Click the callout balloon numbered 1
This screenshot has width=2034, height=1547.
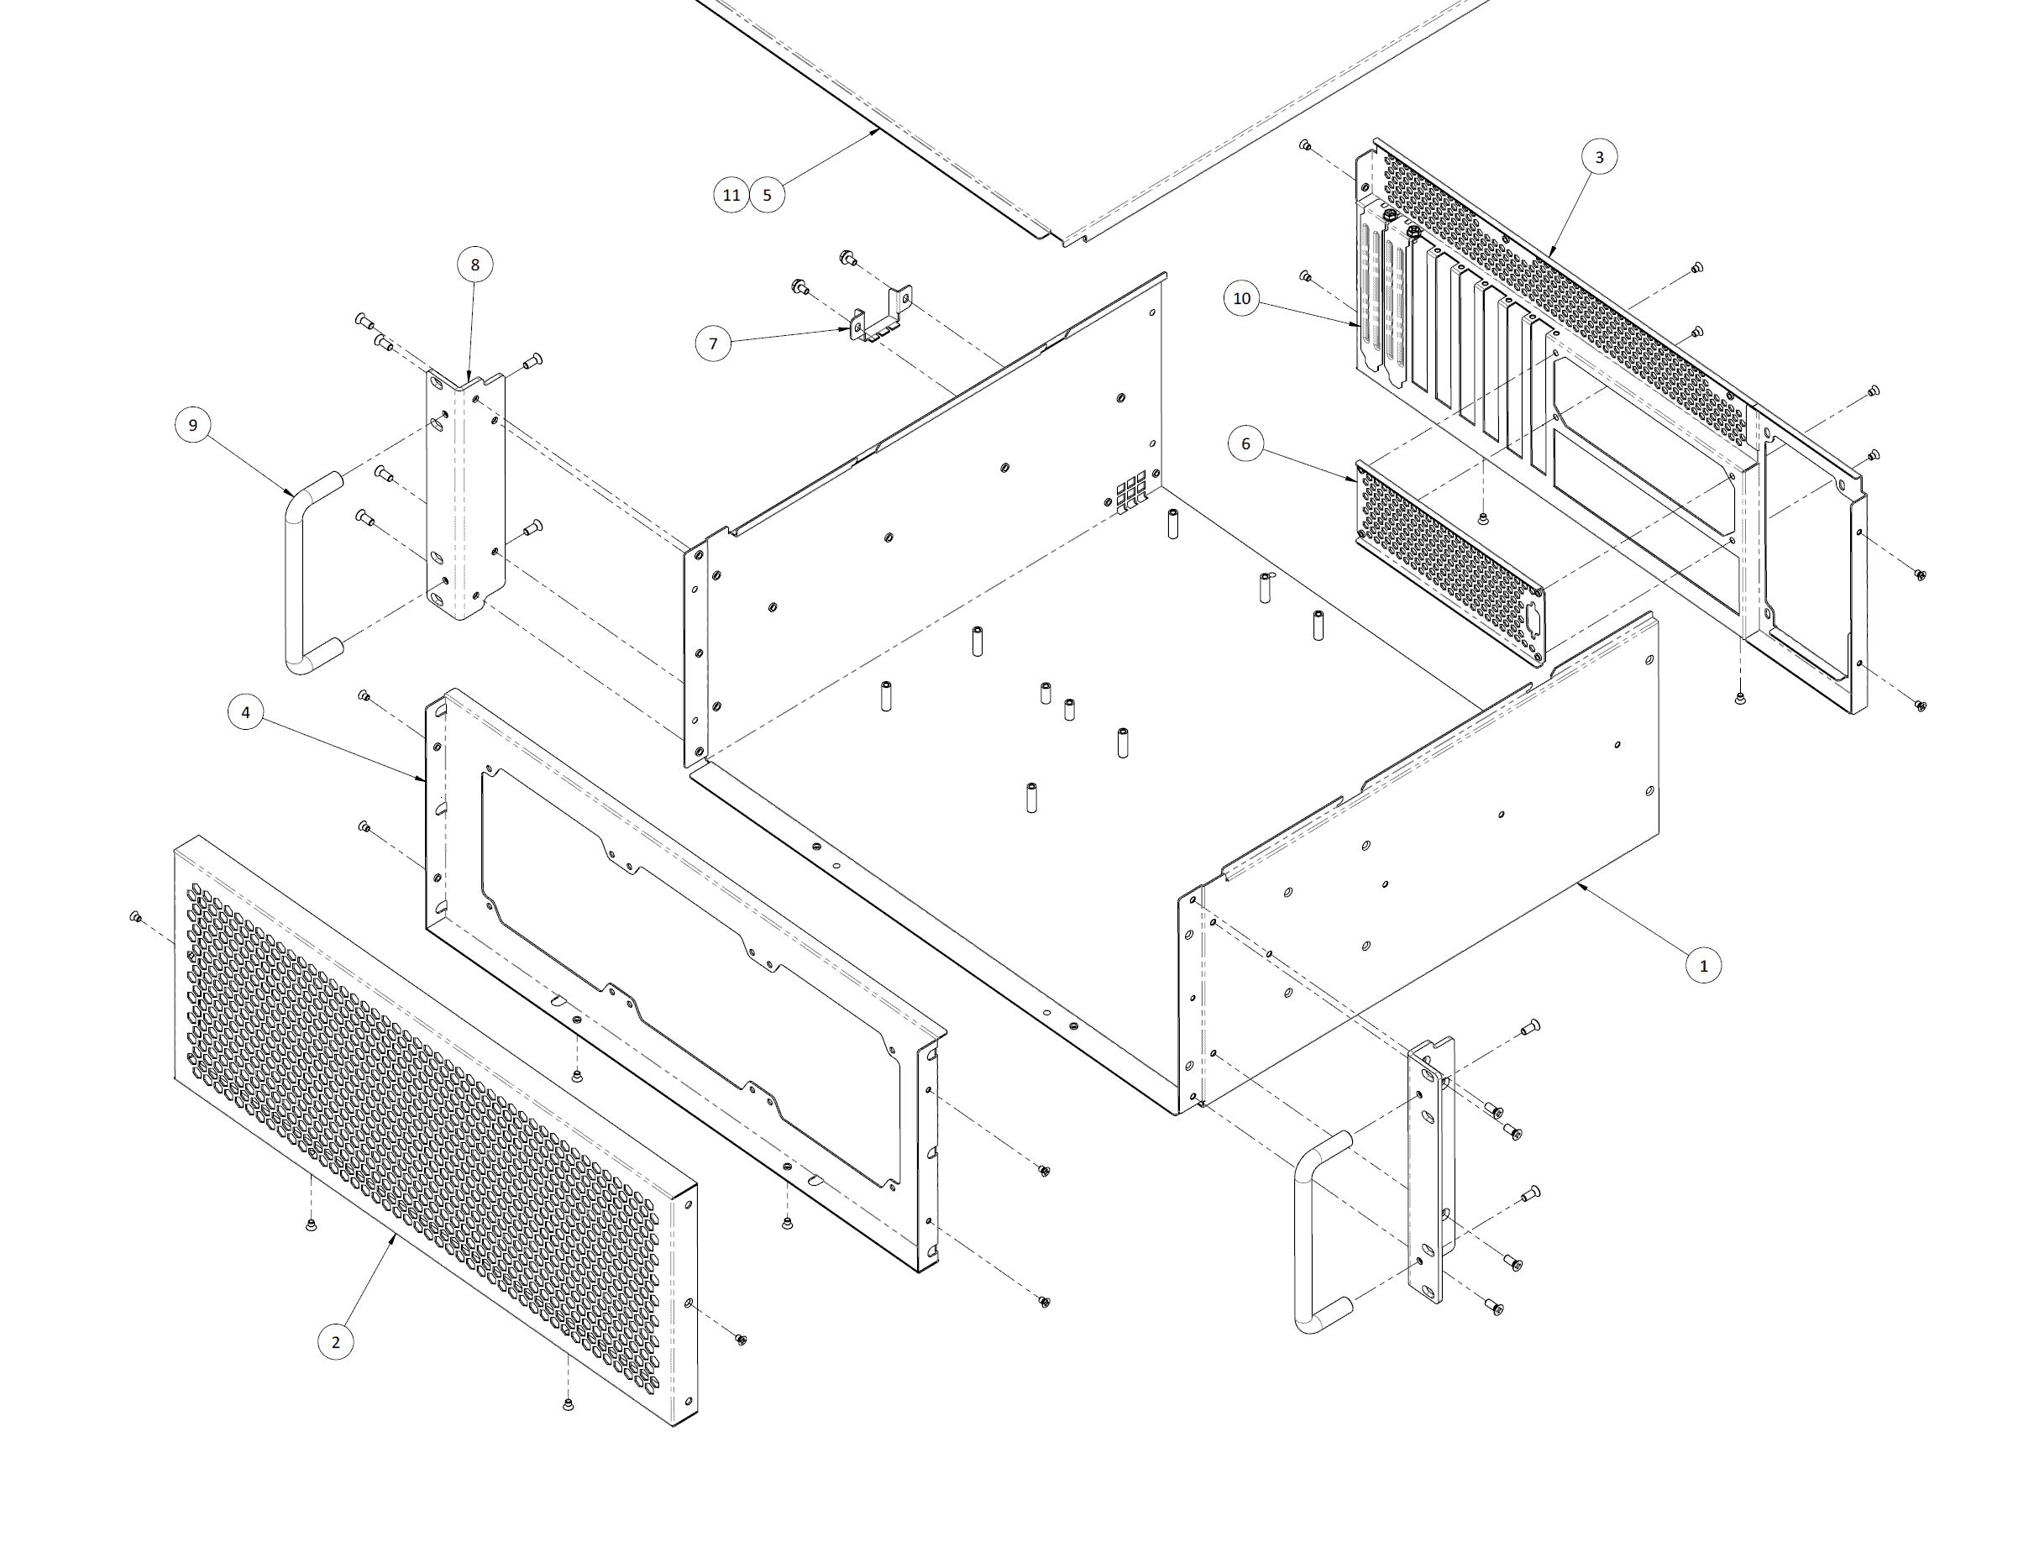coord(1702,966)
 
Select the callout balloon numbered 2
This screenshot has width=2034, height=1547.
coord(335,1341)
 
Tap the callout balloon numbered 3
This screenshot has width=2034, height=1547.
coord(1598,157)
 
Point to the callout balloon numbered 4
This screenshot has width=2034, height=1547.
coord(246,712)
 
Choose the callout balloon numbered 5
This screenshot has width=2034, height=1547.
coord(767,195)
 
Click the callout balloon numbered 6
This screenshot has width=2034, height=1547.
coord(1245,443)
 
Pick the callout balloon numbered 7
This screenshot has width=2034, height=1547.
coord(713,344)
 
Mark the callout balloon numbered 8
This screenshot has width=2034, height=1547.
coord(475,265)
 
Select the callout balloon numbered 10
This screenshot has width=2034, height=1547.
coord(1242,298)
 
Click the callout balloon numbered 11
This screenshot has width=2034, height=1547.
coord(731,195)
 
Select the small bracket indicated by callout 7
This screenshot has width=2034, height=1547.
coord(879,317)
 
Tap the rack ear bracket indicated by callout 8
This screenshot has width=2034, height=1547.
coord(465,497)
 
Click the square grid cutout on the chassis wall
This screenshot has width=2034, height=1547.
coord(1130,494)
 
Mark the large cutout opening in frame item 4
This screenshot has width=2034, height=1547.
coord(690,967)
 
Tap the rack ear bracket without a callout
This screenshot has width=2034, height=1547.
coord(1430,1169)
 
